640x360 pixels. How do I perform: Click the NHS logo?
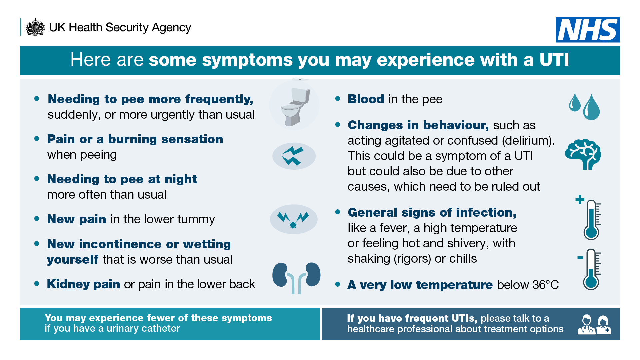(x=588, y=30)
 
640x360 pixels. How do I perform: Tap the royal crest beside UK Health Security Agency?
(x=35, y=27)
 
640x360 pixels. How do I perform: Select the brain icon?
(x=583, y=154)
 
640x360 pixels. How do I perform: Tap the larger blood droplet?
(x=591, y=107)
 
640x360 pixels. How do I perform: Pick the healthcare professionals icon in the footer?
(x=594, y=324)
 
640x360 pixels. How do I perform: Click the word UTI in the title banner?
(x=554, y=60)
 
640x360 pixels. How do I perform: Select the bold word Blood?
(x=366, y=99)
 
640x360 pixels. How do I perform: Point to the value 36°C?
(x=545, y=285)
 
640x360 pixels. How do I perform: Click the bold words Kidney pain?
(x=83, y=284)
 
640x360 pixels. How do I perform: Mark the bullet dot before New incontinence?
(x=37, y=244)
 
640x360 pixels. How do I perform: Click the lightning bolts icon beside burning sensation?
(x=294, y=156)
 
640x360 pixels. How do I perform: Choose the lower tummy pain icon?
(x=293, y=219)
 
